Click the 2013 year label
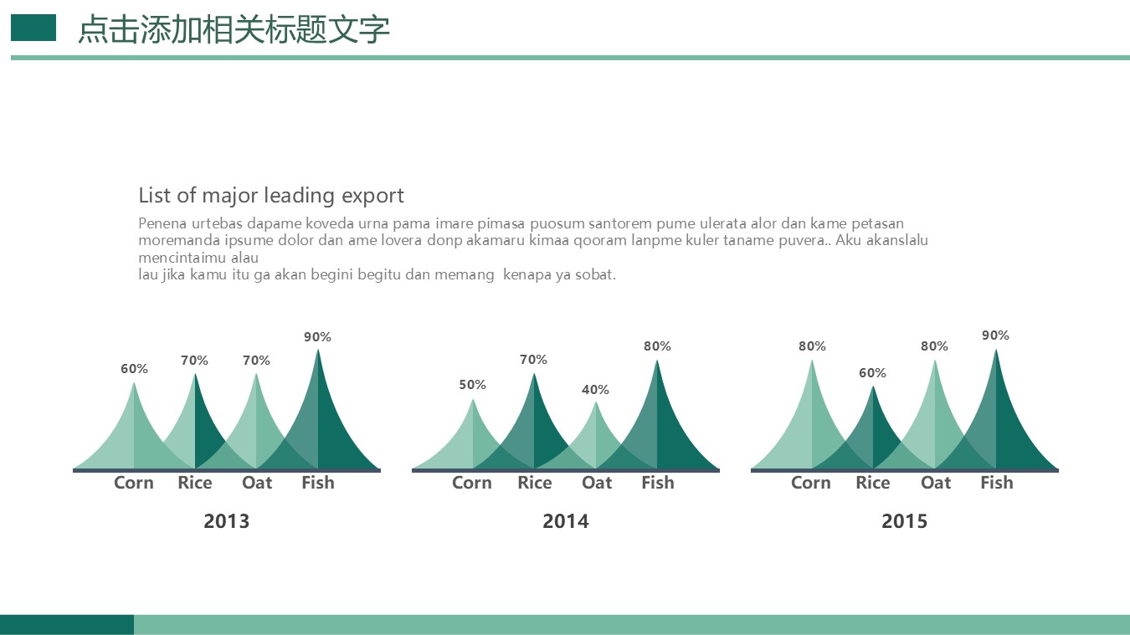(x=227, y=521)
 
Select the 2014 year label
(x=566, y=521)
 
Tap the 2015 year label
(x=905, y=521)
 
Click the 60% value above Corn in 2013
(x=134, y=369)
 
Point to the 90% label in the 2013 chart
(x=317, y=336)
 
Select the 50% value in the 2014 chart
(x=472, y=384)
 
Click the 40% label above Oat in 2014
(x=595, y=389)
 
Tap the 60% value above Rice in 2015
(x=872, y=373)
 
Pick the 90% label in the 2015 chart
(x=995, y=335)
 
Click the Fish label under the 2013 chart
(x=318, y=483)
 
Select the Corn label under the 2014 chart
(x=472, y=483)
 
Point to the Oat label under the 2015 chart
(x=936, y=483)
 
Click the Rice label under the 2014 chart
(x=535, y=483)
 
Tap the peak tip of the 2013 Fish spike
(x=318, y=349)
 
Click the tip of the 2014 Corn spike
(x=473, y=399)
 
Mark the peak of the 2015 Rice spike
(x=873, y=386)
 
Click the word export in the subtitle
(x=372, y=197)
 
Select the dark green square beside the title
(x=33, y=28)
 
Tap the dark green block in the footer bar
(x=67, y=624)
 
